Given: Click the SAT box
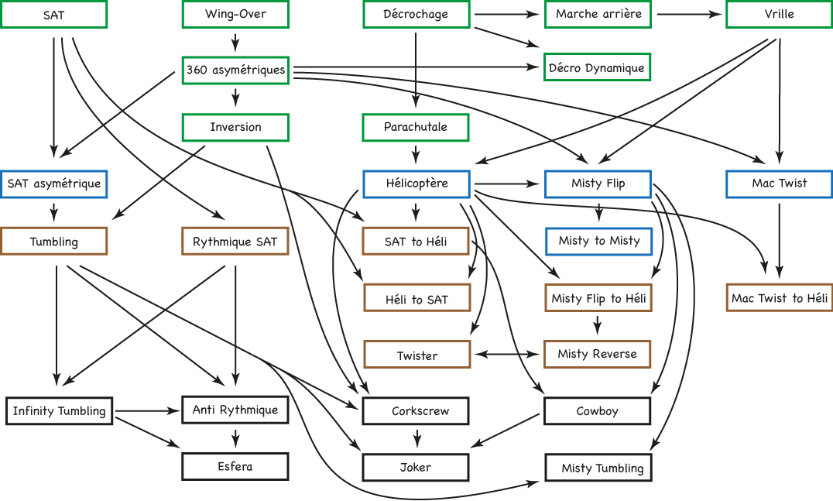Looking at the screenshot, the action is click(53, 15).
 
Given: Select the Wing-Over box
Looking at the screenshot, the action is click(235, 15).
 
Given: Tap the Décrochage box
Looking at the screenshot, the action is click(416, 15).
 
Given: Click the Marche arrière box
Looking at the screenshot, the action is click(598, 15).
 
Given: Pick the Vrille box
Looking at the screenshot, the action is click(780, 15).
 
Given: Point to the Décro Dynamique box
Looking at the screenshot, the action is click(597, 67).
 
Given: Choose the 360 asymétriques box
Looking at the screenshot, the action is click(235, 70).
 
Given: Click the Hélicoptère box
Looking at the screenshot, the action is click(416, 184).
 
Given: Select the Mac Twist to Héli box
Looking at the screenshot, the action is click(780, 297).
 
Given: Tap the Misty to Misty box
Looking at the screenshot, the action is click(598, 241).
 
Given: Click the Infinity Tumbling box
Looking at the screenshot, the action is click(60, 410).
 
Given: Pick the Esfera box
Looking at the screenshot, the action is click(235, 466).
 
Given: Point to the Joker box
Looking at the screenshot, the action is click(416, 467).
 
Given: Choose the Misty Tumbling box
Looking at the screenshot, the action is click(598, 468).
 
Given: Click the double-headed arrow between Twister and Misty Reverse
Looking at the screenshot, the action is click(507, 355).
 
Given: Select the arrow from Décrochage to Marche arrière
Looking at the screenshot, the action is click(507, 15).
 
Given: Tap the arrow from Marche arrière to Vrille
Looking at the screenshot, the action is click(689, 15).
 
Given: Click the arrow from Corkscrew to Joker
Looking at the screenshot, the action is click(417, 438).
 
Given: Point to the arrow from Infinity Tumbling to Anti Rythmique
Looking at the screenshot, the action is click(148, 410).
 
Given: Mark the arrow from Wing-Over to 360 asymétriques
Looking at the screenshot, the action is click(235, 42).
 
